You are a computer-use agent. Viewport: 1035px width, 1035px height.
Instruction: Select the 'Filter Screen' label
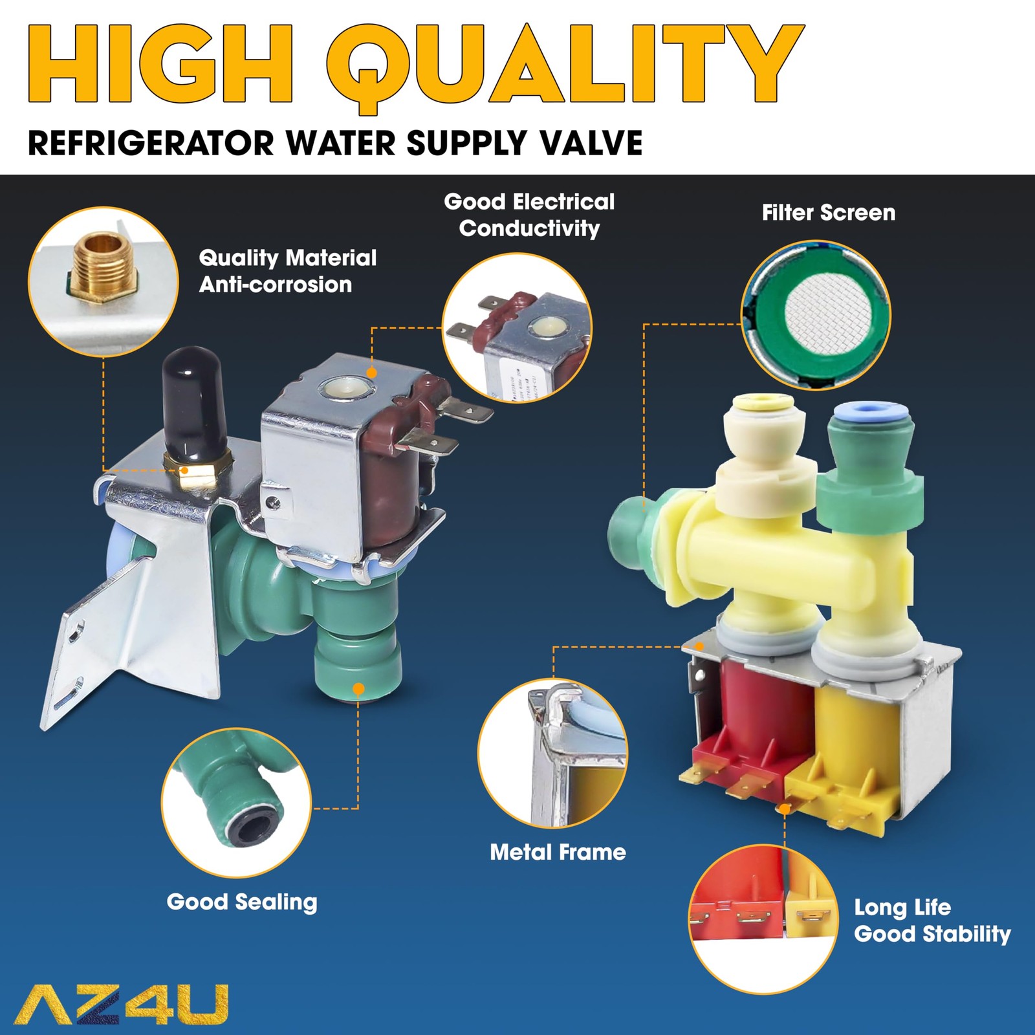tap(828, 213)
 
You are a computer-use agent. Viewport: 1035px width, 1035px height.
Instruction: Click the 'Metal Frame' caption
tap(558, 852)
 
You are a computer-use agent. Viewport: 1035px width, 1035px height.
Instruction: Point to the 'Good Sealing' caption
tap(242, 902)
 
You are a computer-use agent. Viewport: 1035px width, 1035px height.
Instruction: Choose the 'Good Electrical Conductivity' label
tap(529, 215)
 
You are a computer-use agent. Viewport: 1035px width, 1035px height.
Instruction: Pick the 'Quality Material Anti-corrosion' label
tap(287, 271)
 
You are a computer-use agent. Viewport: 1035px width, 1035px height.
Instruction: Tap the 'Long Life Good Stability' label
tap(932, 921)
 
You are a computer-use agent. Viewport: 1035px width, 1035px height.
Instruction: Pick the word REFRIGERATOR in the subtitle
tap(151, 143)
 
